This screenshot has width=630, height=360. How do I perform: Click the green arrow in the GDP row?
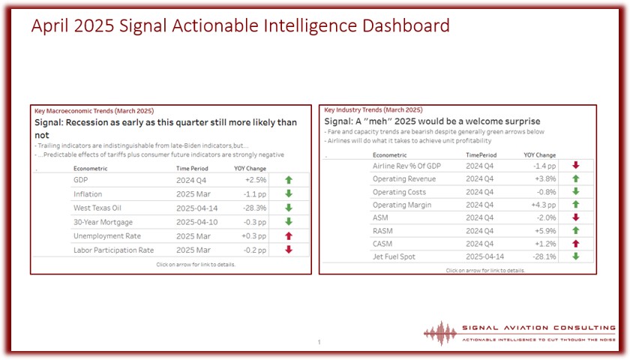(x=289, y=180)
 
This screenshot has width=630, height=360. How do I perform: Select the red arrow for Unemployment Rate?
(x=289, y=235)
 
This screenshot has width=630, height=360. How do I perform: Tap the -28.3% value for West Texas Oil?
(x=254, y=208)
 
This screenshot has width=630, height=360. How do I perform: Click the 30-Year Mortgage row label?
(x=103, y=222)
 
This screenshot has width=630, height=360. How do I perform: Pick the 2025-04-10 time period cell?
(x=196, y=222)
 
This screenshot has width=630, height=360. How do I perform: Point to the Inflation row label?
(x=88, y=194)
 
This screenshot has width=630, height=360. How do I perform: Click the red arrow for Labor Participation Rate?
(x=289, y=250)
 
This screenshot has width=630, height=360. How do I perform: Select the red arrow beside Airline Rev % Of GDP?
(x=576, y=165)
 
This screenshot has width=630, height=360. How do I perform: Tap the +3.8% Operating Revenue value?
(x=545, y=178)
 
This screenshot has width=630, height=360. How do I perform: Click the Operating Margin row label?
(x=402, y=205)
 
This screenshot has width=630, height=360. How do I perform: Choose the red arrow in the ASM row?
(x=576, y=217)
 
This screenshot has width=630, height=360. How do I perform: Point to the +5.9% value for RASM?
(x=545, y=231)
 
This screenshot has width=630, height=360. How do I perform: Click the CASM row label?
(x=382, y=244)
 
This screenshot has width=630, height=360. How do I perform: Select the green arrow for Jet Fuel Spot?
(x=576, y=256)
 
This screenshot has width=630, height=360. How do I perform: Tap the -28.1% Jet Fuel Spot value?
(x=544, y=256)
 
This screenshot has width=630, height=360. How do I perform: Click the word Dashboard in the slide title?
(x=406, y=25)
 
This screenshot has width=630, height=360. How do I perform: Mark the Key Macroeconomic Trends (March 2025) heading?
(x=94, y=111)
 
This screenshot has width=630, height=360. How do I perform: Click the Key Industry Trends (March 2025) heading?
(x=373, y=109)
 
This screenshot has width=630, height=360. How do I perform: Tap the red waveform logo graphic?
(x=440, y=333)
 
